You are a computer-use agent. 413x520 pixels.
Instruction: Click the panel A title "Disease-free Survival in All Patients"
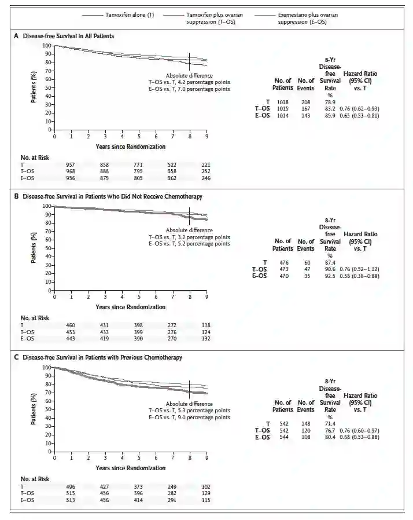pos(68,36)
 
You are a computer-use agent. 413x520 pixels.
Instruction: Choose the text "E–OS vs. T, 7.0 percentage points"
pos(189,89)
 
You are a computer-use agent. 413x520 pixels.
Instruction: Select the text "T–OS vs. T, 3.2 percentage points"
pos(189,237)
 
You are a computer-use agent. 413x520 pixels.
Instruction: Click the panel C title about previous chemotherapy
pos(102,357)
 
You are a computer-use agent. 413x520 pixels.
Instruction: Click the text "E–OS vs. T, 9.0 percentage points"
pos(189,417)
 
